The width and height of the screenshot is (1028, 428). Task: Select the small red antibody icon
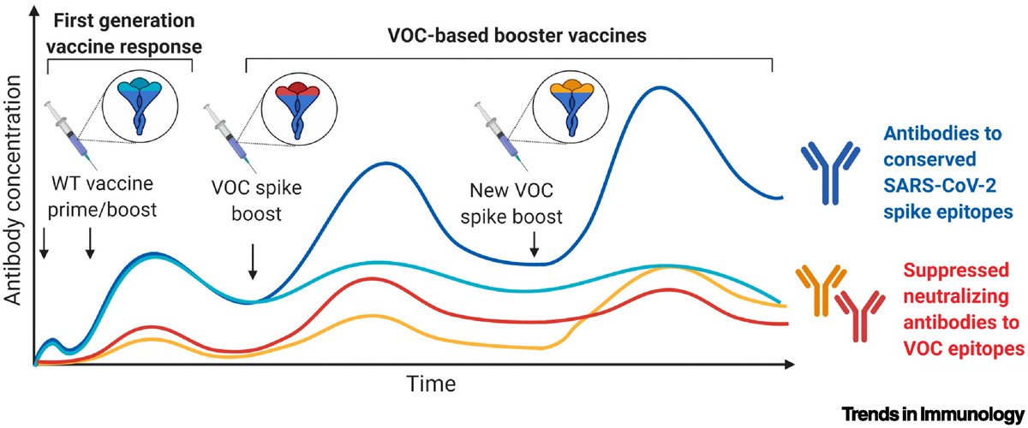click(x=858, y=314)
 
